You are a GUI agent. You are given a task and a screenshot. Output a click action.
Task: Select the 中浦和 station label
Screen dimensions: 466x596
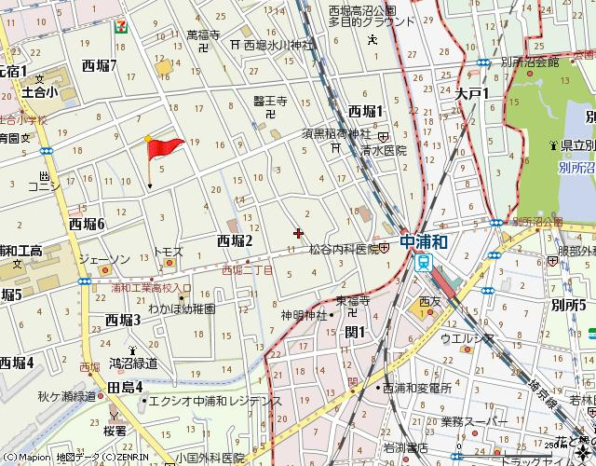[425, 241]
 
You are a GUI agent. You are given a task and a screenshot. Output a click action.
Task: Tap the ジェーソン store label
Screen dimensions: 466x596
[103, 258]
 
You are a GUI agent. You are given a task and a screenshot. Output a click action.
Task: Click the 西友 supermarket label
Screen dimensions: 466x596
[429, 301]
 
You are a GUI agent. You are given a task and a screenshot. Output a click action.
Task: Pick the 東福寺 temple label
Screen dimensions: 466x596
[354, 301]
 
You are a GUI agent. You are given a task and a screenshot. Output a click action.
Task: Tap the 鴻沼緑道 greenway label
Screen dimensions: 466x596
[133, 363]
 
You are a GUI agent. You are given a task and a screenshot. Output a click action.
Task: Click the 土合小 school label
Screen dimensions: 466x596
[40, 92]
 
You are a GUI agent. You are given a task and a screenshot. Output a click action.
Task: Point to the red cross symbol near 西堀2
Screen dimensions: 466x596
[297, 233]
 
